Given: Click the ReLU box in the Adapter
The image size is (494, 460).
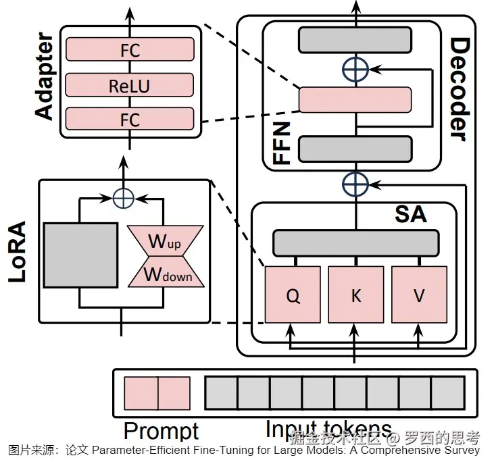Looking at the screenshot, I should pyautogui.click(x=129, y=86).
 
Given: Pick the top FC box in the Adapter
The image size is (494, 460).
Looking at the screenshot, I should pyautogui.click(x=129, y=50).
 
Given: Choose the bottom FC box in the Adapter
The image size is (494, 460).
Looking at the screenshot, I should pyautogui.click(x=129, y=120).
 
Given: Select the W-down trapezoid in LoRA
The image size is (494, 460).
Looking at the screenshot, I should pyautogui.click(x=166, y=274).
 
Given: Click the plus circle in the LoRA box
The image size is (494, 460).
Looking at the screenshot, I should pyautogui.click(x=123, y=197).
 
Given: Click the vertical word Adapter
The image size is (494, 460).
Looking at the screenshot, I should pyautogui.click(x=45, y=76).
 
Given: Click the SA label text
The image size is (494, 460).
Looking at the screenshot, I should pyautogui.click(x=410, y=214).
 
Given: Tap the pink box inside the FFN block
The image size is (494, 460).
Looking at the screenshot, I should pyautogui.click(x=355, y=100).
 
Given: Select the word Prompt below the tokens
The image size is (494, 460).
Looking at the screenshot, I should pyautogui.click(x=161, y=431).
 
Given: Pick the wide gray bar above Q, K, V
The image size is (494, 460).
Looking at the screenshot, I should pyautogui.click(x=355, y=241).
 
